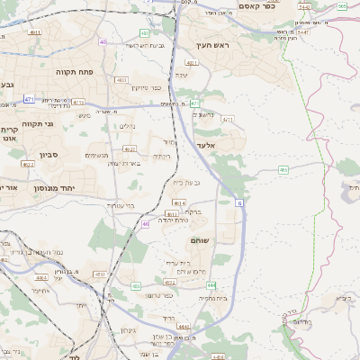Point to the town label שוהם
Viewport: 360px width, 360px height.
(199, 241)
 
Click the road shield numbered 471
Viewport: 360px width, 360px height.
(29, 100)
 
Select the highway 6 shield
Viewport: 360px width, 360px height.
(240, 204)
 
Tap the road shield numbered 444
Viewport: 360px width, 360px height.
(237, 284)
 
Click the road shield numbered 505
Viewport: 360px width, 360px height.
(343, 6)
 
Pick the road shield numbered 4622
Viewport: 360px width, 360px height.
(130, 148)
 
